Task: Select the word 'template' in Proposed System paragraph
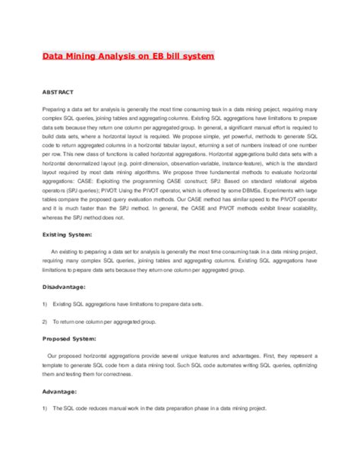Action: [x=57, y=365]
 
